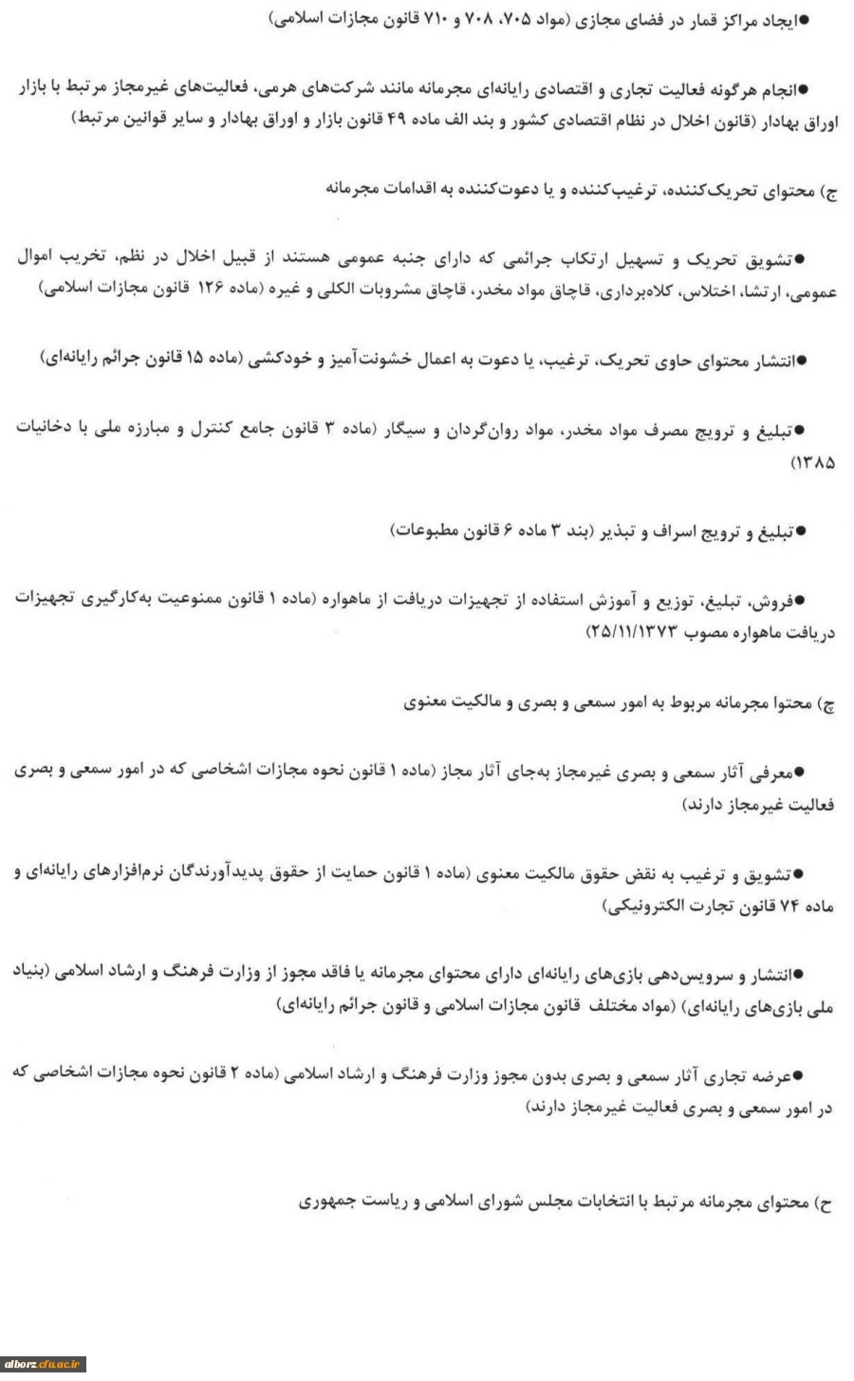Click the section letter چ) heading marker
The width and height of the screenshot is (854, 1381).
(826, 704)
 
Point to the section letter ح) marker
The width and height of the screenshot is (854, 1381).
(826, 1203)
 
